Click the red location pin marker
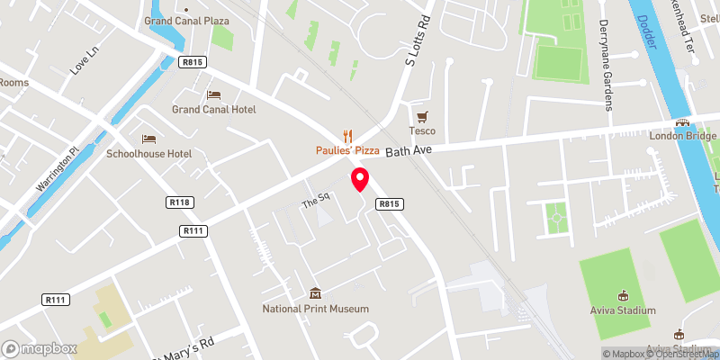(360, 179)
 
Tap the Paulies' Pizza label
(347, 149)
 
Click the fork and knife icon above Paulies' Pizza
(347, 135)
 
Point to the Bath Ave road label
(409, 151)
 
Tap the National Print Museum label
(316, 309)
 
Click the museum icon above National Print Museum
(316, 293)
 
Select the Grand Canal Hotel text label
(214, 110)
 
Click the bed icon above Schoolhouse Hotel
(149, 139)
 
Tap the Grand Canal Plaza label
(186, 20)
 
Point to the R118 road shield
(180, 202)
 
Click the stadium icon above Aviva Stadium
(622, 294)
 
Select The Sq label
(311, 203)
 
